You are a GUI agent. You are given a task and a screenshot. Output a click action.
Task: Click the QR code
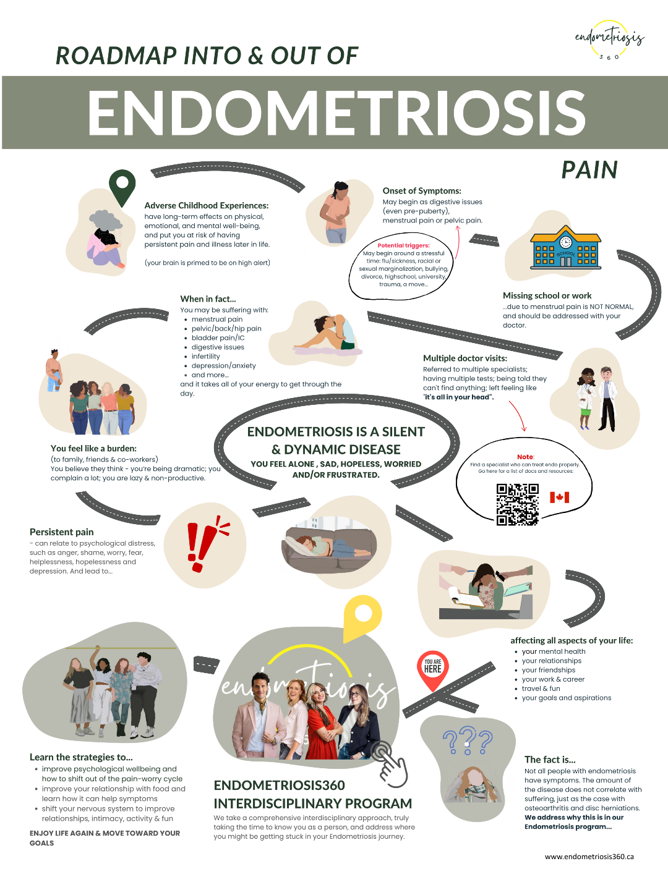(517, 504)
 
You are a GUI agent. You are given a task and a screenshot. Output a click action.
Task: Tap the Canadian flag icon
(559, 497)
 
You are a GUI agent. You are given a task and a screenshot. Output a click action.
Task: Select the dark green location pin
(122, 186)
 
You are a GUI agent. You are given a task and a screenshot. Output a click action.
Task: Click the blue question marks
(468, 740)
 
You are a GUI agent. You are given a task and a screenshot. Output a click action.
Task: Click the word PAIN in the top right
(589, 170)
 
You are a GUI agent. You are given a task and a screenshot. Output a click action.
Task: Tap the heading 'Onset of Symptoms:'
(422, 191)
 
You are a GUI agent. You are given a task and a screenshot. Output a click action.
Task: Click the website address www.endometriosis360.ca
(589, 857)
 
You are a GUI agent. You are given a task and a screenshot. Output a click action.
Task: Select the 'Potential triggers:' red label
(403, 245)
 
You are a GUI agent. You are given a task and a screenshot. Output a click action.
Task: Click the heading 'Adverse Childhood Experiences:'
(207, 205)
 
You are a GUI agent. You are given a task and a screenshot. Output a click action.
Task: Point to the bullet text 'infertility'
(206, 357)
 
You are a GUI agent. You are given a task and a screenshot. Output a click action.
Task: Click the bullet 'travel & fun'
(541, 689)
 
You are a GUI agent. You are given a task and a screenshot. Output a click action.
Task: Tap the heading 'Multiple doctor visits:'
(465, 358)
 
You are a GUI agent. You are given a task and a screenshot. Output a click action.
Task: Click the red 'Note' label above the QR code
(525, 457)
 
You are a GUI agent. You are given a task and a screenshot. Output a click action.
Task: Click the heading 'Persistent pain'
(62, 532)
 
